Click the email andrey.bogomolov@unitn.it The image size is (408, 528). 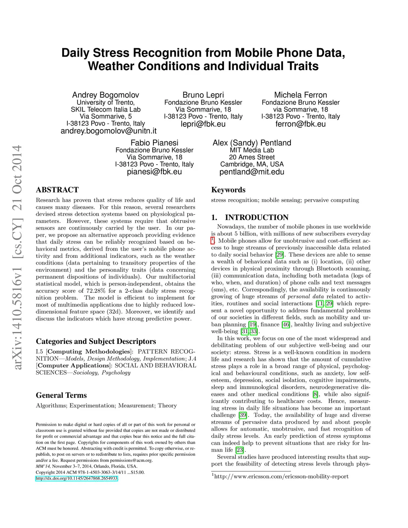pyautogui.click(x=108, y=131)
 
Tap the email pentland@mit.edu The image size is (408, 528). pyautogui.click(x=252, y=172)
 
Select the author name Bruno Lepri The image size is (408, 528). pyautogui.click(x=203, y=95)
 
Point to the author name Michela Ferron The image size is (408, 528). pyautogui.click(x=300, y=95)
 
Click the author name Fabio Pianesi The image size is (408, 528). pyautogui.click(x=154, y=143)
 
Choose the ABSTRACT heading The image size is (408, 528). pyautogui.click(x=57, y=190)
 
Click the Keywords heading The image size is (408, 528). pyautogui.click(x=228, y=190)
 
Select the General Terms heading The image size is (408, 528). pyautogui.click(x=61, y=395)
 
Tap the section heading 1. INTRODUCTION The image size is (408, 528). pyautogui.click(x=250, y=218)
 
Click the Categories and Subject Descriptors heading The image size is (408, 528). pyautogui.click(x=96, y=341)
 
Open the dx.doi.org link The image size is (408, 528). pyautogui.click(x=76, y=478)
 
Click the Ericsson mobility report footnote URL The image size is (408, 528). pyautogui.click(x=281, y=477)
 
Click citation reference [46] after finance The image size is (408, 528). pyautogui.click(x=286, y=324)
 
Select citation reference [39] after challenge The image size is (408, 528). pyautogui.click(x=243, y=415)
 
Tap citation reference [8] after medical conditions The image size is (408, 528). pyautogui.click(x=316, y=394)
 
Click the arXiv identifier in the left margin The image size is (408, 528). pyautogui.click(x=17, y=257)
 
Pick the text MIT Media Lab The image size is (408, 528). pyautogui.click(x=252, y=150)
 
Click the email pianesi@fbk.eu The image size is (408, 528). pyautogui.click(x=154, y=172)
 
